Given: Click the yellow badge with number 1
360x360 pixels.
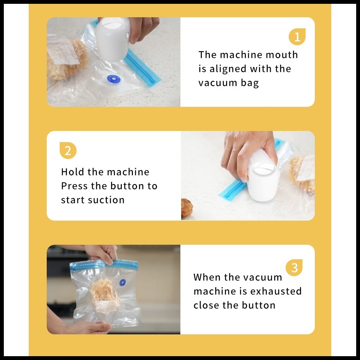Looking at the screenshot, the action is click(297, 37).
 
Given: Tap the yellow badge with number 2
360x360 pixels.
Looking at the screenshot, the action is click(68, 151).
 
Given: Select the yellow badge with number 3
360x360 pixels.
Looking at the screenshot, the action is click(294, 268).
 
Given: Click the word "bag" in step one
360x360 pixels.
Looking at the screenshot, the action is click(250, 83).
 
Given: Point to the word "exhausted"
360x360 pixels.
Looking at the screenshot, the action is click(276, 291).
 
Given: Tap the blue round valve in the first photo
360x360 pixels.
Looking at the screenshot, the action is click(114, 79).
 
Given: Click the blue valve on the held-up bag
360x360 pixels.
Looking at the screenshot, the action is click(123, 283).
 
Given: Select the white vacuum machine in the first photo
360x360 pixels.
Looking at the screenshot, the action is click(113, 39).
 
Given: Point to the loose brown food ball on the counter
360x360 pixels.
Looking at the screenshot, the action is click(187, 208).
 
